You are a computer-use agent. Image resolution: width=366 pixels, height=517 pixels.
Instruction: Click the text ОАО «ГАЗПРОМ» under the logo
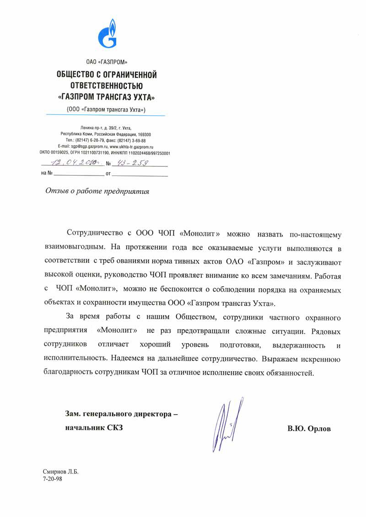(x=107, y=62)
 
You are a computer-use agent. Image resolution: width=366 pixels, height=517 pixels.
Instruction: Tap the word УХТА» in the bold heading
(x=141, y=97)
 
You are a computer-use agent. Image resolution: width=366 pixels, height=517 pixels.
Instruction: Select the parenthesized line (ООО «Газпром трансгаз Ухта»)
(x=107, y=110)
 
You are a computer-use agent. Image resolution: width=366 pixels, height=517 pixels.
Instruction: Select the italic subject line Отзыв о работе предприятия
(x=97, y=191)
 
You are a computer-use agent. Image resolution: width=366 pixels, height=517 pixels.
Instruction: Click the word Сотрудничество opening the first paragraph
(x=95, y=234)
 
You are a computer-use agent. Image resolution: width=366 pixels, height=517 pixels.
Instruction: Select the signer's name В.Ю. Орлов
(x=309, y=429)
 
